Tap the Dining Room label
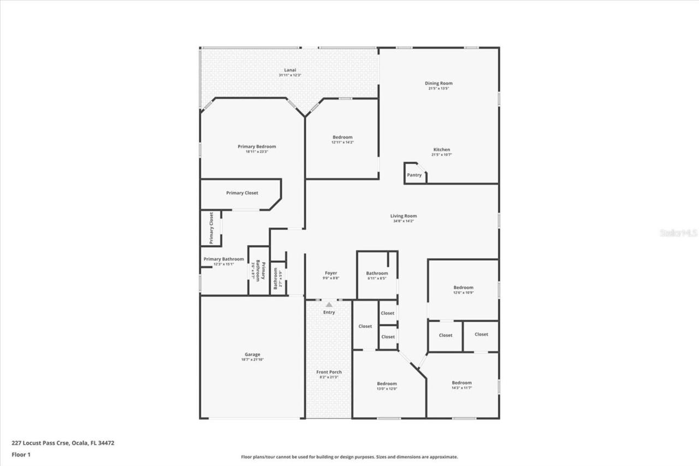click(439, 84)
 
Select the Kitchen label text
click(442, 150)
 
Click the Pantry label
click(414, 175)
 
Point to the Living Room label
click(404, 216)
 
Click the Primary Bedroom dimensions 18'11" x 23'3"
click(257, 152)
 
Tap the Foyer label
click(331, 273)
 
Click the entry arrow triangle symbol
click(329, 305)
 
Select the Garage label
click(252, 355)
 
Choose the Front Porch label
click(329, 372)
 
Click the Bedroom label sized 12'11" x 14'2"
click(342, 137)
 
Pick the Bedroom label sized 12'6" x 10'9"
click(463, 287)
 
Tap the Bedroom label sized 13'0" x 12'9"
click(387, 384)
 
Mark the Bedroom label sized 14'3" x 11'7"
click(461, 383)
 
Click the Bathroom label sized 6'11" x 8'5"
click(377, 273)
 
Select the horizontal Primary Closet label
click(242, 193)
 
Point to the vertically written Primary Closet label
click(211, 228)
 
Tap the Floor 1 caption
click(21, 454)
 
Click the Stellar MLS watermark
click(678, 233)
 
